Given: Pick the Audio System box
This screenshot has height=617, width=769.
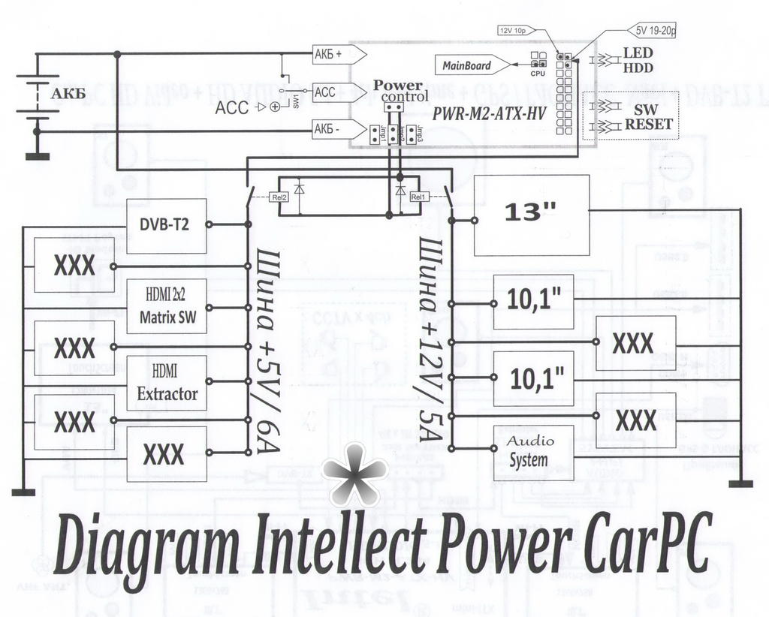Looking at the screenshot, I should pos(533,452).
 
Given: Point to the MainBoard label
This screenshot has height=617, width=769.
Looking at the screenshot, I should pos(466,65).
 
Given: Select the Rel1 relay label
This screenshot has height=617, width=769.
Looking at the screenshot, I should pos(419,197).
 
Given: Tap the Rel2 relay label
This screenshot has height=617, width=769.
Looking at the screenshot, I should pos(279,197).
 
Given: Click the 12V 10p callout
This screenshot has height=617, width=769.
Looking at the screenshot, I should pos(515,30).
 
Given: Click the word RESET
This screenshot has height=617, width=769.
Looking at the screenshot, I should pos(647,125).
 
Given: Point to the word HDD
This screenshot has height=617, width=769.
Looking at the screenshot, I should pos(638,68).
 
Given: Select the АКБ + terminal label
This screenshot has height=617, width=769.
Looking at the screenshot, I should pos(330,54).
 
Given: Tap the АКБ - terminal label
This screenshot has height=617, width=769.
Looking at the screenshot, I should pos(330,130).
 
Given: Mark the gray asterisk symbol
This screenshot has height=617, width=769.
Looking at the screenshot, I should pos(354,473).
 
